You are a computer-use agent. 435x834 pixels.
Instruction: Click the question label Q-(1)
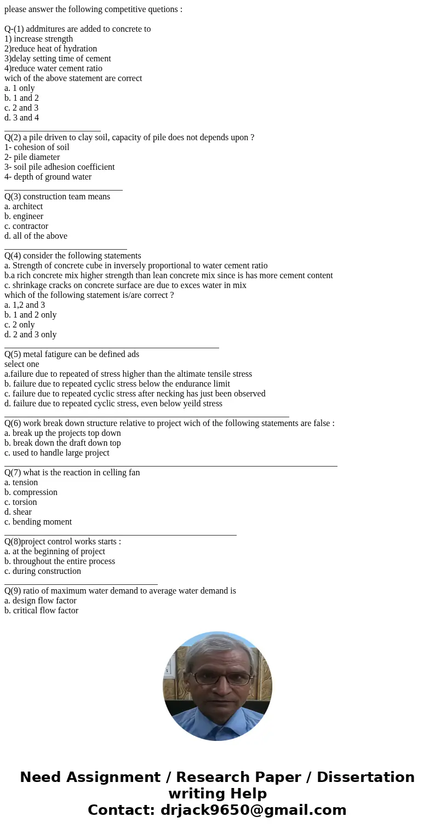16,29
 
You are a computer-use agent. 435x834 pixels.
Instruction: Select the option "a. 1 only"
20,88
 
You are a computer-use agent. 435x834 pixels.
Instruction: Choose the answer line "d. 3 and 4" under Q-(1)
22,118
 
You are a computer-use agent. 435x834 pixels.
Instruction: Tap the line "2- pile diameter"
32,157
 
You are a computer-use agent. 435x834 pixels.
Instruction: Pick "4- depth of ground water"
48,177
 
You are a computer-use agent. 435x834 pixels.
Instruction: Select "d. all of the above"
36,236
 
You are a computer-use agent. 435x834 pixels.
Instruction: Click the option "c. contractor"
26,226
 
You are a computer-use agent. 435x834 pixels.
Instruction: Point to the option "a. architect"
24,206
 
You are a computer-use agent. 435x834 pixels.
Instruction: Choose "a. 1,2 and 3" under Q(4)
25,305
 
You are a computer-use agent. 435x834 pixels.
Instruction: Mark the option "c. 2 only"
20,325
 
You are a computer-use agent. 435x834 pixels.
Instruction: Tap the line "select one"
22,364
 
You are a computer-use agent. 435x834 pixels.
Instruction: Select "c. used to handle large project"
57,453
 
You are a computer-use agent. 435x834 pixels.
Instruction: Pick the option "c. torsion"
21,502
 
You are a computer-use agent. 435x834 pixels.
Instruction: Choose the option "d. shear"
18,512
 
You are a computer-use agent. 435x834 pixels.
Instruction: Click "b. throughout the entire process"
60,561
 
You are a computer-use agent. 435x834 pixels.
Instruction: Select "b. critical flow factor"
42,611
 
